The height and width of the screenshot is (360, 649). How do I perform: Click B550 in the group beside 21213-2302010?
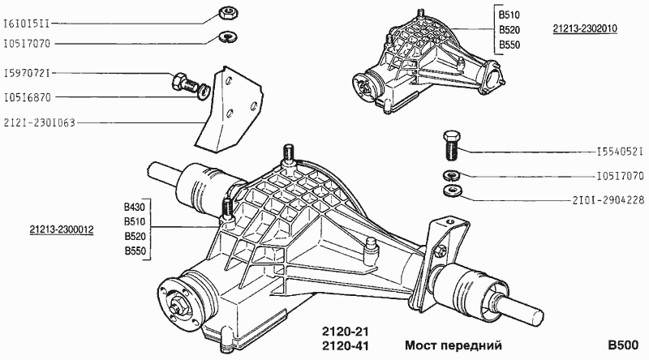point(509,45)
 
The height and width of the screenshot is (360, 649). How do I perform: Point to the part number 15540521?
point(620,152)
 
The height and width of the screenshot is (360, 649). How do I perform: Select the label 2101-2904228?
point(609,199)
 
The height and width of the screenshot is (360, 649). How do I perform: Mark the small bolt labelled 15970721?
point(184,81)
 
